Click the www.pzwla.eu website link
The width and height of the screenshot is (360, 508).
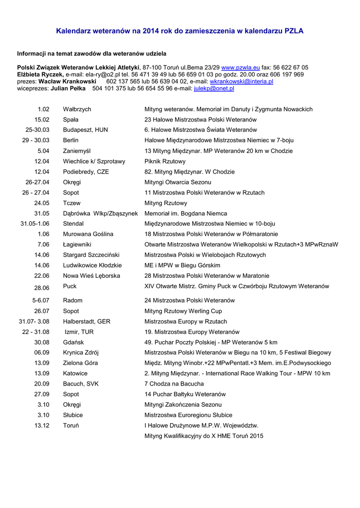[x=241, y=67]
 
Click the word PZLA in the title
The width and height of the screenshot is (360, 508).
[x=294, y=31]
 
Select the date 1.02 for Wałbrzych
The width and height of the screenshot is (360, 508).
[x=43, y=109]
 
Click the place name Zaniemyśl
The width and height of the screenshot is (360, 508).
[x=77, y=151]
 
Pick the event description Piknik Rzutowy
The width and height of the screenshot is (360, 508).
[x=165, y=161]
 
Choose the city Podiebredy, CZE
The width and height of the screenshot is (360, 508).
[x=86, y=172]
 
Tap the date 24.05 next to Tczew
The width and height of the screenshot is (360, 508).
[x=42, y=203]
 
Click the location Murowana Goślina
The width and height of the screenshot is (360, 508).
[x=88, y=234]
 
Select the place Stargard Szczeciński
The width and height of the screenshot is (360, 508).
[x=91, y=255]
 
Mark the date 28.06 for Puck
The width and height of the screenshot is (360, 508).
[x=42, y=288]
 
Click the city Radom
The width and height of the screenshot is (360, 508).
[x=72, y=301]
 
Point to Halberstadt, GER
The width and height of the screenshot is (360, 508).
[x=86, y=321]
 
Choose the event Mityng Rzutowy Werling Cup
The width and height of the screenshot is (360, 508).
[x=183, y=311]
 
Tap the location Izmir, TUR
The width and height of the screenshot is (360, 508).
[x=79, y=332]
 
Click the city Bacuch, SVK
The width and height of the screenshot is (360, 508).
[x=82, y=384]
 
